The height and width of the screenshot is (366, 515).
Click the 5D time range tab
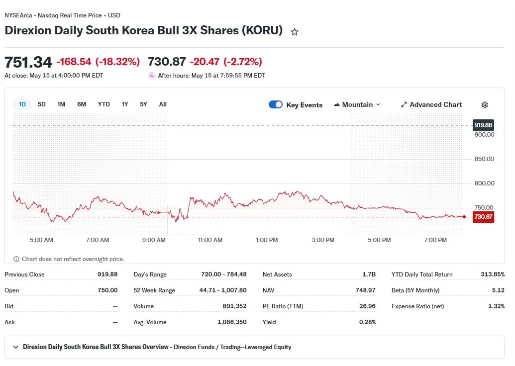tap(41, 104)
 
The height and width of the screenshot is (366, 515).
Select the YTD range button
tap(104, 104)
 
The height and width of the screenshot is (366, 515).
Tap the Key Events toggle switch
tap(276, 104)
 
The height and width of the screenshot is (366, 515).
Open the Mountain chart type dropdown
tap(357, 105)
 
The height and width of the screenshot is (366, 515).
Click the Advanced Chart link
tap(431, 105)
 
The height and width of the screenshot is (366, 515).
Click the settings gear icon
tap(485, 105)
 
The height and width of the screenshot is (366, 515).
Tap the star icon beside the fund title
tap(295, 32)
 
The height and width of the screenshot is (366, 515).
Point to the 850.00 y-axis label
tap(484, 159)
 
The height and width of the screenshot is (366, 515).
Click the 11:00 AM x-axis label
tap(210, 240)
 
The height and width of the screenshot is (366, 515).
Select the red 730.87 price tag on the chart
tap(483, 217)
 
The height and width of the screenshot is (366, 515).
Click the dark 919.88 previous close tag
tap(483, 125)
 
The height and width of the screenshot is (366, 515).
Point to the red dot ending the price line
tap(464, 217)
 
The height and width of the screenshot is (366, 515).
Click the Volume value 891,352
tap(234, 306)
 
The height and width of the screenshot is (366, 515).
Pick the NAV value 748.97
tap(366, 290)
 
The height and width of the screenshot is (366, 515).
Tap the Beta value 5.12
tap(498, 290)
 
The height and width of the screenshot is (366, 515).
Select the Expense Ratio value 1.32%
tap(496, 306)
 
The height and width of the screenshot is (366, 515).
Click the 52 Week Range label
tap(154, 290)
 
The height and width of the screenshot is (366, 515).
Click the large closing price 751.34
tap(28, 62)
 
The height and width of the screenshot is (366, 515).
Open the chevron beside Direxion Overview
tap(16, 347)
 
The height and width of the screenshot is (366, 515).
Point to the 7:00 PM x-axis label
tap(435, 240)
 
